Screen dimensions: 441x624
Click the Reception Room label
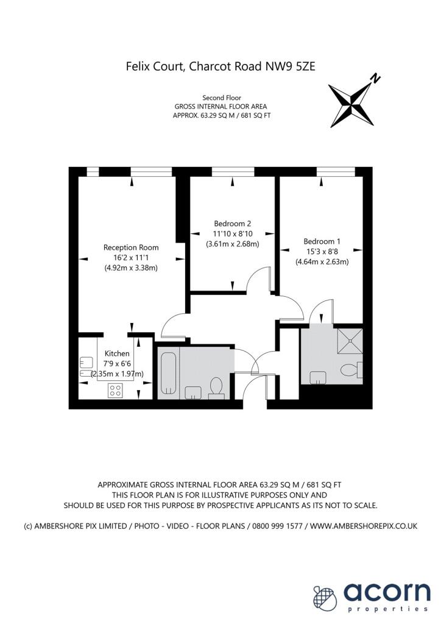click(131, 247)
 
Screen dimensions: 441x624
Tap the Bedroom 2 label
click(232, 224)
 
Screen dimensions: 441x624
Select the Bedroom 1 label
click(322, 241)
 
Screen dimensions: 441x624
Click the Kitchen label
click(117, 353)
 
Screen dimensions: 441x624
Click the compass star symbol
click(352, 105)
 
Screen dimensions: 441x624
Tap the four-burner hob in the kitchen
click(115, 390)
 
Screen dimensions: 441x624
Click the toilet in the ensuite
click(351, 370)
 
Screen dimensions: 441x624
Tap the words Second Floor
click(222, 97)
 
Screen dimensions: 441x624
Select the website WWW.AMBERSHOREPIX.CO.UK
click(364, 526)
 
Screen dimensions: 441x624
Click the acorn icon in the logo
click(325, 597)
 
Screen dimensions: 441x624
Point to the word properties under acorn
click(388, 609)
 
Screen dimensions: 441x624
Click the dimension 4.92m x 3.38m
click(131, 268)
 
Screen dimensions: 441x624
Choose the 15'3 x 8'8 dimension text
click(322, 252)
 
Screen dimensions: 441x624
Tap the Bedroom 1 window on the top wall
click(336, 171)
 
